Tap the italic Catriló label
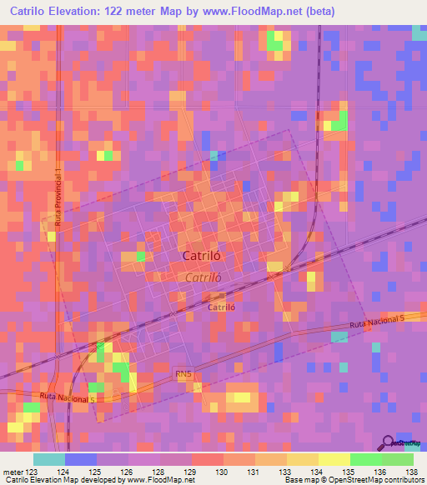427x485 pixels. (203, 277)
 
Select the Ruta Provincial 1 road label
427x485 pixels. (58, 197)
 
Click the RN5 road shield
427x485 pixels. (183, 377)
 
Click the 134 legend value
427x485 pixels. (319, 472)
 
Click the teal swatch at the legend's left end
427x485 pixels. (49, 459)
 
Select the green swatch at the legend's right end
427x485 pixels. (398, 459)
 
